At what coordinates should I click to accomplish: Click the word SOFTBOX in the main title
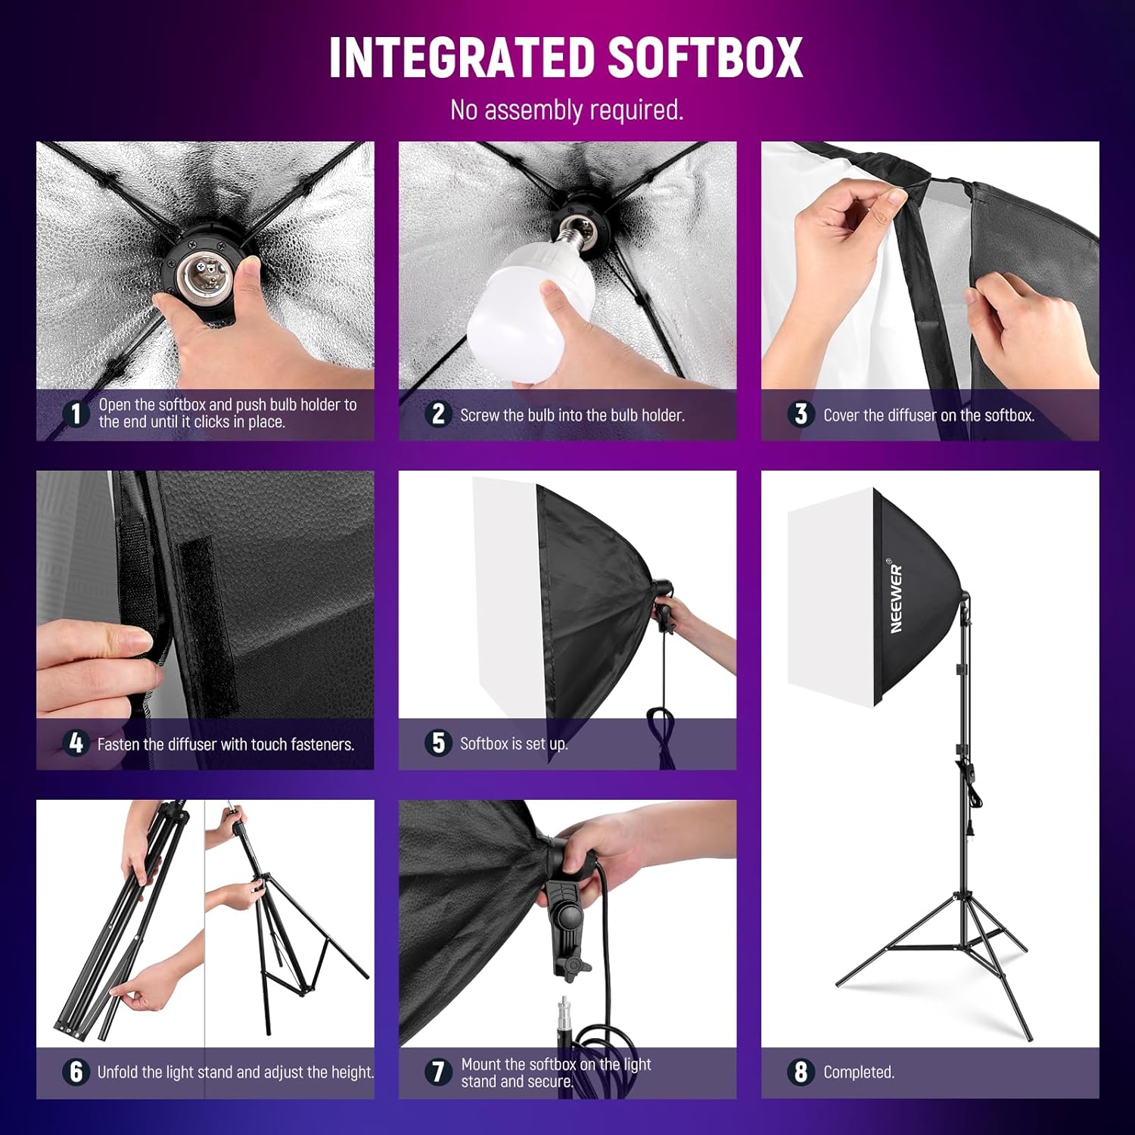(705, 58)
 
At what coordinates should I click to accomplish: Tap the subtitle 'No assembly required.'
(567, 110)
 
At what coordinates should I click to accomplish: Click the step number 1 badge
(76, 414)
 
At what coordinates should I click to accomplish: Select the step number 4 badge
(76, 743)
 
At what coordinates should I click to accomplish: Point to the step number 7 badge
(438, 1072)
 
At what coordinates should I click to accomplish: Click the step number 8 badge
(801, 1072)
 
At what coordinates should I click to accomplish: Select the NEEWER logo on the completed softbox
(897, 598)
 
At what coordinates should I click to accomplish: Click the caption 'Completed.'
(859, 1072)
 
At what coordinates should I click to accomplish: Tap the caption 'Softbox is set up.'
(514, 744)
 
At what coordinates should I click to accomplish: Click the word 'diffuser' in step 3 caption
(907, 415)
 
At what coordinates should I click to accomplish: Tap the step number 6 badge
(76, 1072)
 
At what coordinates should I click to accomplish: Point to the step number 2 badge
(438, 414)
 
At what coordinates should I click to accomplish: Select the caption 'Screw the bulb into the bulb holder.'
(572, 415)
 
